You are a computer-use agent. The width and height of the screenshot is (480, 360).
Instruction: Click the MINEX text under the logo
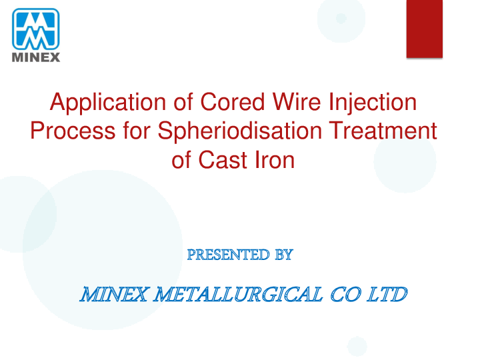pyautogui.click(x=36, y=57)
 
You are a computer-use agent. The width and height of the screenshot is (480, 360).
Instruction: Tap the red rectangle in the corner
pyautogui.click(x=425, y=28)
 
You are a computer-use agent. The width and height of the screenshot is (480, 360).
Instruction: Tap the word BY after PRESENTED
pyautogui.click(x=283, y=254)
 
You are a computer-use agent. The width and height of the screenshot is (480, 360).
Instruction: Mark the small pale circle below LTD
pyautogui.click(x=357, y=345)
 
